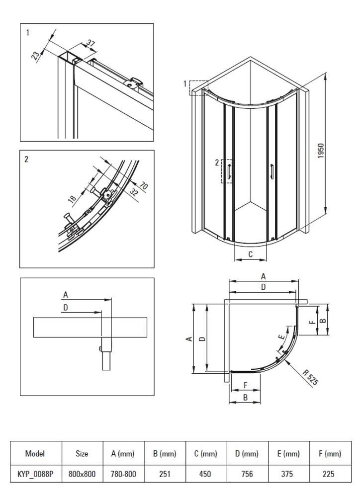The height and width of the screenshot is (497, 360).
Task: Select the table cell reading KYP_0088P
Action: [35, 474]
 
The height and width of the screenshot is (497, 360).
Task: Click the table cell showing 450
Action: [206, 474]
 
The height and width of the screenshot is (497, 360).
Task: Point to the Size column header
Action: [82, 453]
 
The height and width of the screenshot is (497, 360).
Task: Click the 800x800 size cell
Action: [82, 474]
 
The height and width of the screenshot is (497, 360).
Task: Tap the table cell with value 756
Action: [247, 474]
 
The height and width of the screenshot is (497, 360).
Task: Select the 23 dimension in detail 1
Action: [36, 55]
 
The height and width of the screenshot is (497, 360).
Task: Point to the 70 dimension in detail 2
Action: [144, 187]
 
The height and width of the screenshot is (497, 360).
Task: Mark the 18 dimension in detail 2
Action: [72, 199]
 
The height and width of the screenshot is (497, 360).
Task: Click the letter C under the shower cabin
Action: [251, 254]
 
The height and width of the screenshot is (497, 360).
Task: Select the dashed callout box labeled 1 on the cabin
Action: [198, 87]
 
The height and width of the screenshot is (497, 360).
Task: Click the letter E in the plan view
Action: [282, 337]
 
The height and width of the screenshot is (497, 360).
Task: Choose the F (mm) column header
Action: [330, 453]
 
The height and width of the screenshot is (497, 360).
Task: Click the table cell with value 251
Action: [165, 474]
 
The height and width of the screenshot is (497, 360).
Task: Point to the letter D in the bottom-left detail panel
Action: [66, 308]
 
